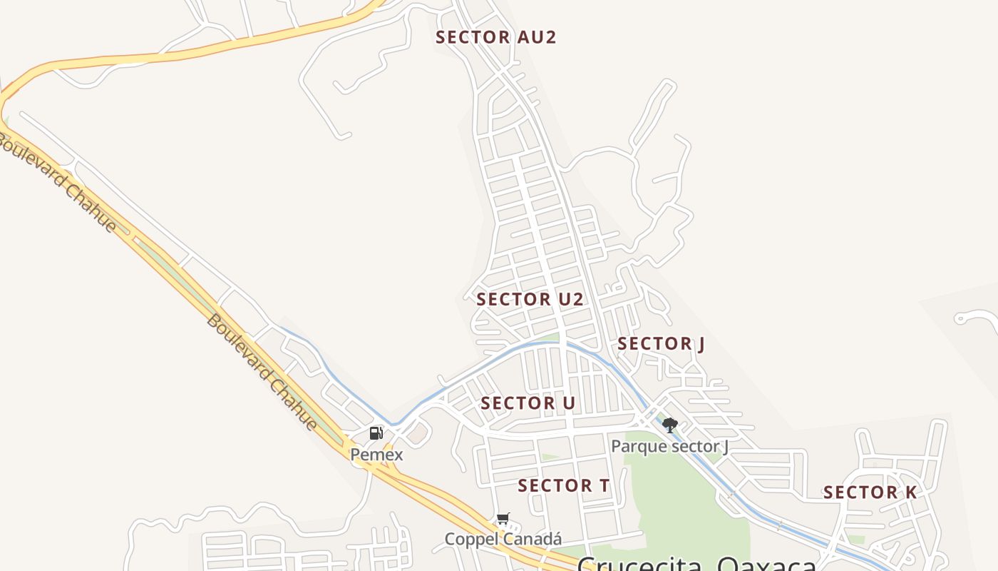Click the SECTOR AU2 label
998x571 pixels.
(495, 37)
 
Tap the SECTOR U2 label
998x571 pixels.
(530, 300)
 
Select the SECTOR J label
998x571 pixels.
(661, 344)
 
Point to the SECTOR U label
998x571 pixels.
(528, 403)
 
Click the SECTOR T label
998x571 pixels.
(563, 486)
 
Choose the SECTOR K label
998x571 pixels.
(870, 492)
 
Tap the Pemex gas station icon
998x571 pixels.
(376, 433)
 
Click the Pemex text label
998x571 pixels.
(376, 455)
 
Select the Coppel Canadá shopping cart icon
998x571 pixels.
(503, 518)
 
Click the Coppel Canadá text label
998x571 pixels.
(503, 539)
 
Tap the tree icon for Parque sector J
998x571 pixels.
(669, 425)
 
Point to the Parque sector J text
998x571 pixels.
(669, 447)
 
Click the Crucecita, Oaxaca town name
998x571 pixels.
(696, 564)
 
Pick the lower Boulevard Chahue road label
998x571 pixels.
(262, 372)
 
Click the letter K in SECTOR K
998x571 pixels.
(910, 492)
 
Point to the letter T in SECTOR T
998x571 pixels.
(603, 486)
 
